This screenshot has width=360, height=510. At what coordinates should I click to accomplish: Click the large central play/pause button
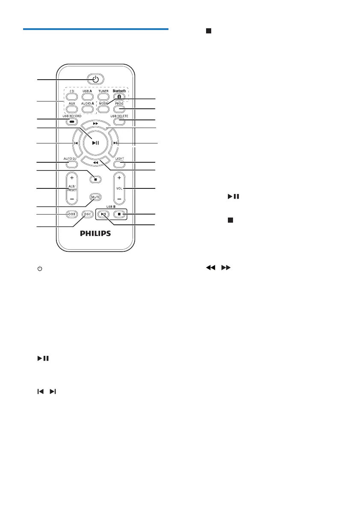click(96, 143)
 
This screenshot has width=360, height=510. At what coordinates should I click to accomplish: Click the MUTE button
click(95, 197)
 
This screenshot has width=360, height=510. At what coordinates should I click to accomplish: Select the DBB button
click(72, 214)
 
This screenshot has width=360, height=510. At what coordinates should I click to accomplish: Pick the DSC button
click(88, 214)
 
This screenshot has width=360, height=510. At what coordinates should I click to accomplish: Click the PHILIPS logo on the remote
click(96, 234)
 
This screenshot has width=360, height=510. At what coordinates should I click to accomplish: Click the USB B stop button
click(120, 214)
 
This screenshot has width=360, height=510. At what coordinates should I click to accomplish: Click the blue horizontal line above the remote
click(96, 29)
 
